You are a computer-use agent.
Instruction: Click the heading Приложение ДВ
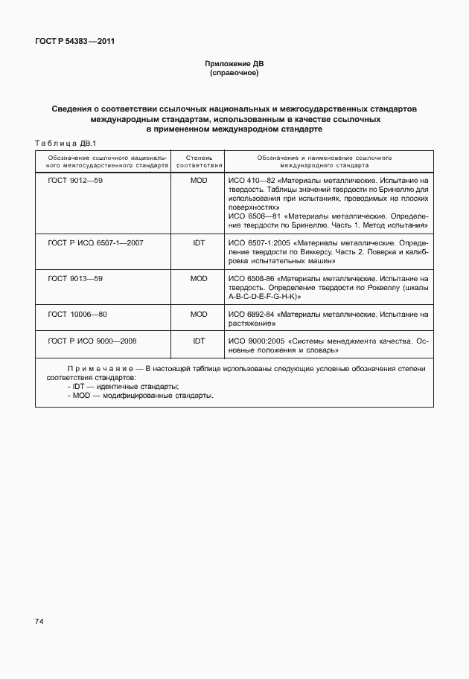tap(234, 64)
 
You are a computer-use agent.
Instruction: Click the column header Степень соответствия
tap(198, 162)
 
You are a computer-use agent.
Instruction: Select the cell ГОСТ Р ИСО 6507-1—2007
tap(95, 242)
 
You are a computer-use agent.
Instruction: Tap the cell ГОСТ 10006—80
tap(78, 315)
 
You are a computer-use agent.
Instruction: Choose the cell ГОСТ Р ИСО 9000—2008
tap(92, 341)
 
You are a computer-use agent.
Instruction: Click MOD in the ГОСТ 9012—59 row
tap(198, 181)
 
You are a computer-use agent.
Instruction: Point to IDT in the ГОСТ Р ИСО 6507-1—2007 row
tap(198, 242)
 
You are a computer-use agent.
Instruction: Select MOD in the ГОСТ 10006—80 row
tap(198, 315)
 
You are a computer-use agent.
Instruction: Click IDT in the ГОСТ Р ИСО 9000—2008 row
tap(198, 341)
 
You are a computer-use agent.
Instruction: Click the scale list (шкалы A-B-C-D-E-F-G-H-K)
tap(264, 296)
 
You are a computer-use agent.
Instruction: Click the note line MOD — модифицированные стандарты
tap(140, 396)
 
